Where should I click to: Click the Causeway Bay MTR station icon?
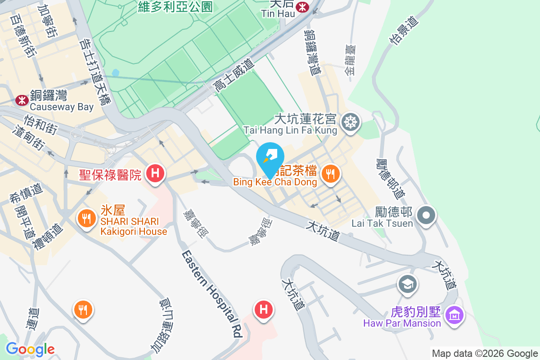pyautogui.click(x=22, y=100)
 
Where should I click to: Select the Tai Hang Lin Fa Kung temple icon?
pyautogui.click(x=349, y=122)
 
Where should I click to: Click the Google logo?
pyautogui.click(x=30, y=349)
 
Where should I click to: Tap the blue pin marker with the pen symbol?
pyautogui.click(x=270, y=157)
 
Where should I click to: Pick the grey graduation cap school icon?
pyautogui.click(x=408, y=284)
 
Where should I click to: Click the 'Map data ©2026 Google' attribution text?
pyautogui.click(x=485, y=354)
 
